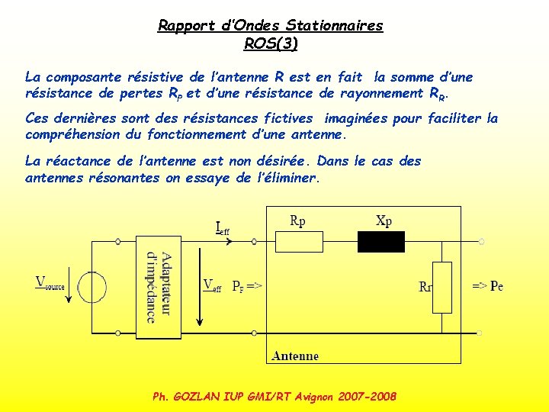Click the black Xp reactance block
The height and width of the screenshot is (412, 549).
click(x=381, y=242)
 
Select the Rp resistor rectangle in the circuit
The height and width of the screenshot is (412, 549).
click(x=298, y=242)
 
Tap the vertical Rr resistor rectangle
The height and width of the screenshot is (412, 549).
click(x=441, y=287)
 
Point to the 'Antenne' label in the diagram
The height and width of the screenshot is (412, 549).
click(x=296, y=356)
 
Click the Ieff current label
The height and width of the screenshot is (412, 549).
click(x=222, y=227)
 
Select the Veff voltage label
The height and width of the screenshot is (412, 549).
click(x=212, y=286)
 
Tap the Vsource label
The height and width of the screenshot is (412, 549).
click(x=50, y=283)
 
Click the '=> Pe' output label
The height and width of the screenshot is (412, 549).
click(x=487, y=286)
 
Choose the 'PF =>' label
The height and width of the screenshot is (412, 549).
click(x=247, y=286)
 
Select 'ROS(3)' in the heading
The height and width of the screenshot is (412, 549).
click(x=271, y=43)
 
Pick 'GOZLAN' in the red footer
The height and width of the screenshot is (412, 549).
click(x=197, y=397)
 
